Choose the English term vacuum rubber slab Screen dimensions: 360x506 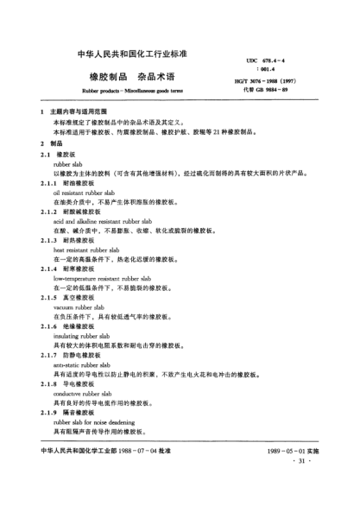click(82, 305)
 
